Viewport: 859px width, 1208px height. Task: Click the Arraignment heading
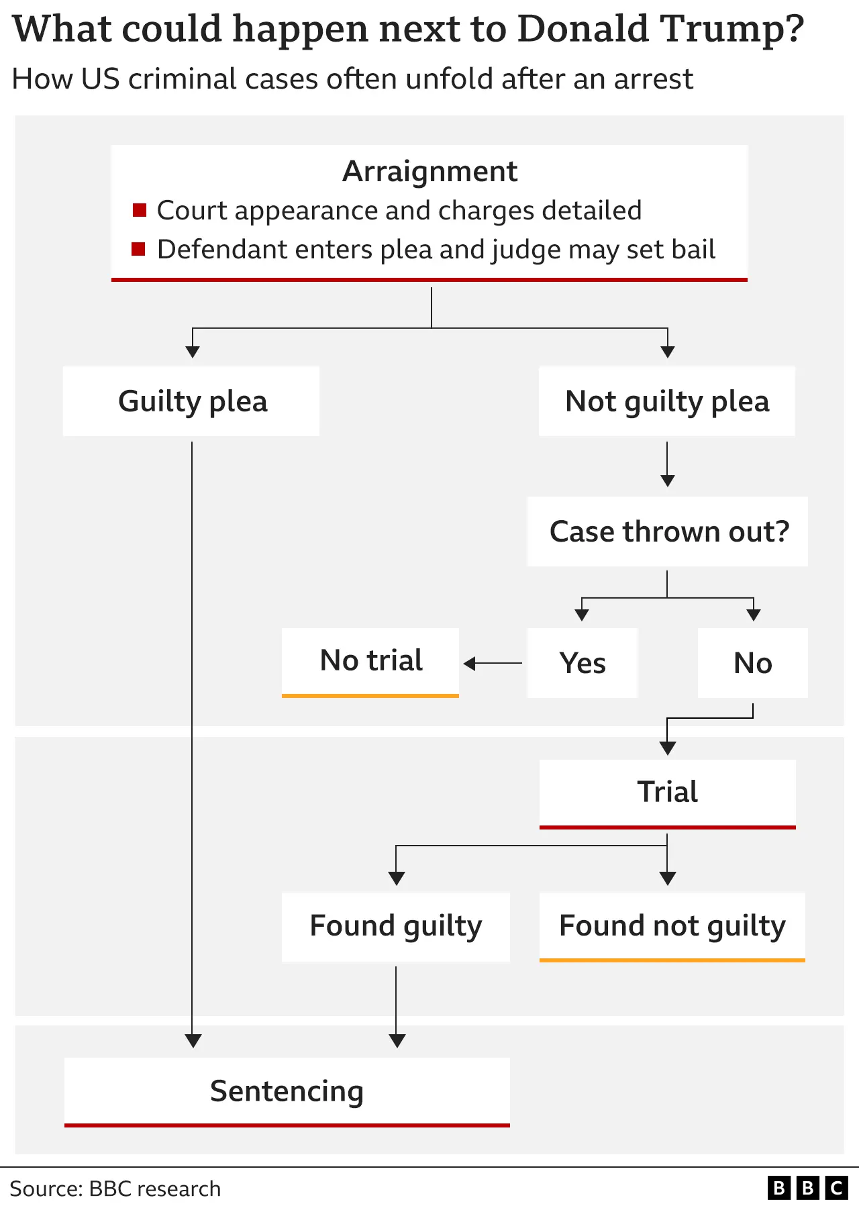pos(429,171)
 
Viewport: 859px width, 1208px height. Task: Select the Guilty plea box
pos(192,401)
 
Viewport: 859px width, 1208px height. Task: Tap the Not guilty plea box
pos(667,401)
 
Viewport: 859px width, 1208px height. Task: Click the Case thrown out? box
pos(668,532)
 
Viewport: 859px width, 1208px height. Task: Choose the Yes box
pos(583,663)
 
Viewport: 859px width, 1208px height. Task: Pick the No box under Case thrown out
pos(752,663)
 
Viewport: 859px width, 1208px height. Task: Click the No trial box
pos(370,661)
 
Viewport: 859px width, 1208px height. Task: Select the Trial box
pos(667,792)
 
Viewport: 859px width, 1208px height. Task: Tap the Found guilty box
pos(396,926)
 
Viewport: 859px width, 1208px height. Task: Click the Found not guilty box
pos(672,926)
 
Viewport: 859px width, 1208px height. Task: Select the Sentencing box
pos(287,1091)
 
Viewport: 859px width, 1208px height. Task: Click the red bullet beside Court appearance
pos(140,210)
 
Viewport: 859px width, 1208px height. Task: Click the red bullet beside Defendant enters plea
pos(139,250)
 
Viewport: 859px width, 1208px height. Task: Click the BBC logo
pos(807,1188)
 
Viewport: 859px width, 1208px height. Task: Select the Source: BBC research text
pos(115,1189)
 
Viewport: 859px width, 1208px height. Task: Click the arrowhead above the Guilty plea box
pos(193,352)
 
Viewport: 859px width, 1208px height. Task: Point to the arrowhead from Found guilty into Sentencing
pos(397,1041)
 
